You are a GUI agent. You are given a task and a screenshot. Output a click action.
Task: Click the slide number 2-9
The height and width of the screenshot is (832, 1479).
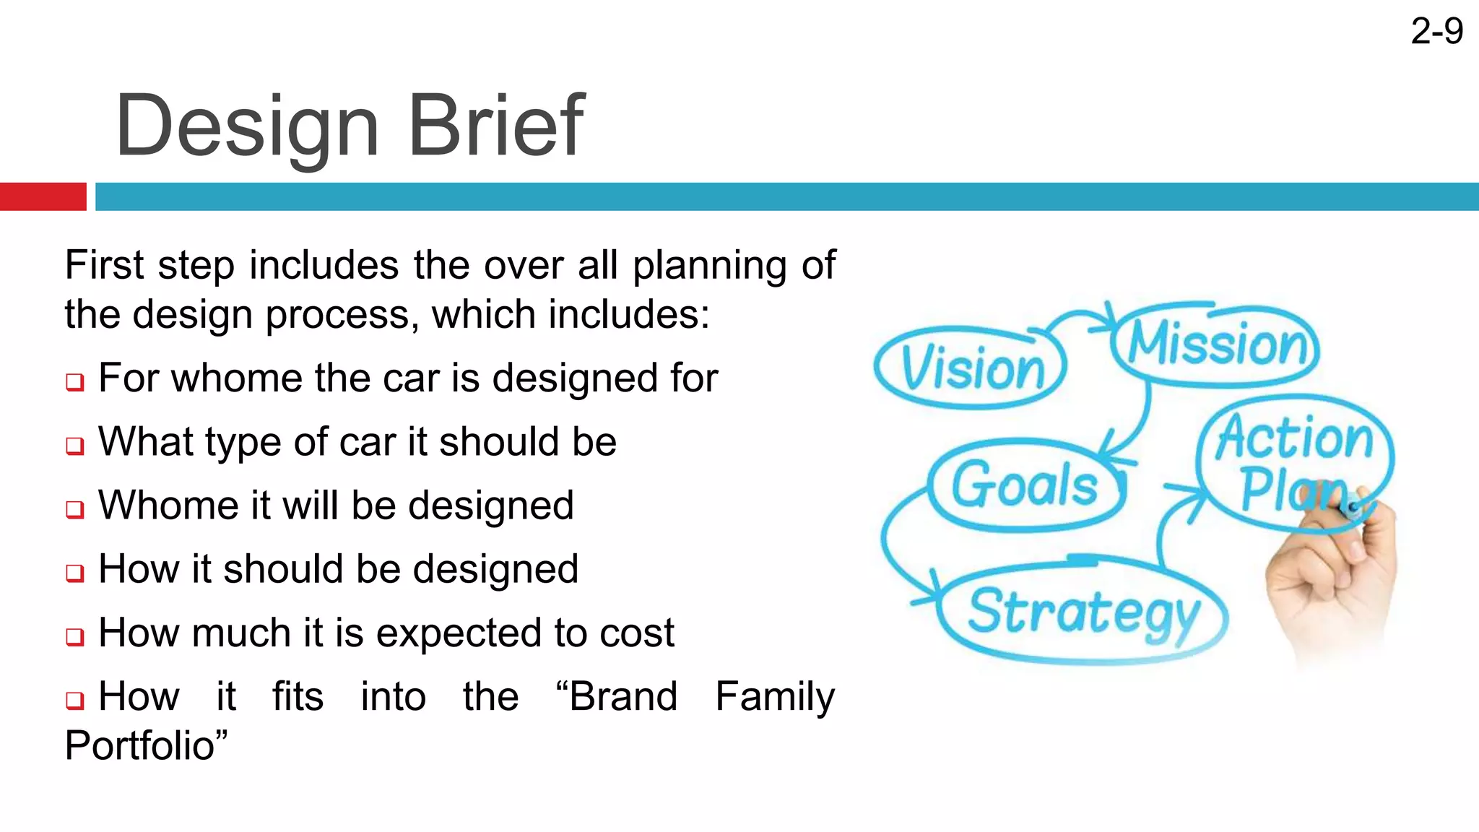pos(1436,32)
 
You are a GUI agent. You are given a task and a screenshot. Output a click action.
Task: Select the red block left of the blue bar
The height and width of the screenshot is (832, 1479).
pos(43,196)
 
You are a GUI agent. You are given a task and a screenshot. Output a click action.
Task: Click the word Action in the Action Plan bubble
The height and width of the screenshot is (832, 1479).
pos(1295,438)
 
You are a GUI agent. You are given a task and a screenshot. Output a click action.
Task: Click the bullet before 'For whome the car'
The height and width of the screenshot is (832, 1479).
pos(75,381)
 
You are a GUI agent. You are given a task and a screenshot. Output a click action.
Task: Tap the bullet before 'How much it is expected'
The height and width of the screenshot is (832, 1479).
pos(75,636)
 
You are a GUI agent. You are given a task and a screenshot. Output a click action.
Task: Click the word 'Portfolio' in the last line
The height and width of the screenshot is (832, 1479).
pos(142,746)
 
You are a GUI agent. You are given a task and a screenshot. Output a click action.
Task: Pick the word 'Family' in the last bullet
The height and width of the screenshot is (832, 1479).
pos(775,696)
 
